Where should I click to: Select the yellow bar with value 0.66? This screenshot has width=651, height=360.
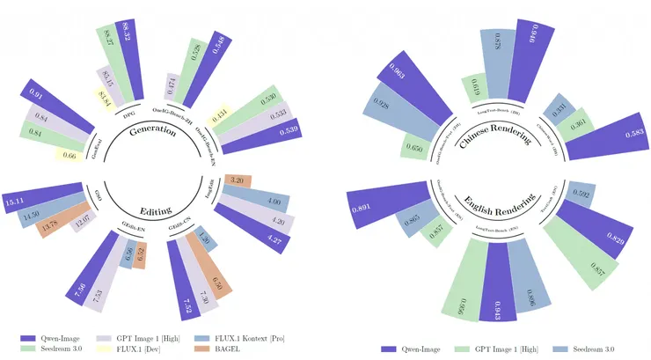(69, 155)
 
